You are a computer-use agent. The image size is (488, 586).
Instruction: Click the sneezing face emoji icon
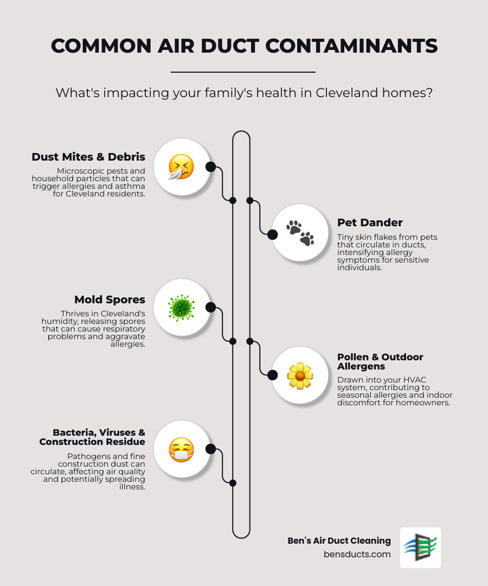pyautogui.click(x=181, y=167)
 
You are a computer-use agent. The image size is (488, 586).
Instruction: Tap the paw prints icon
pyautogui.click(x=300, y=233)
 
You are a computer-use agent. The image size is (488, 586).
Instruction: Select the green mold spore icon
pyautogui.click(x=181, y=308)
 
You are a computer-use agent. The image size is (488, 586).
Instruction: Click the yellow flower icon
pyautogui.click(x=300, y=375)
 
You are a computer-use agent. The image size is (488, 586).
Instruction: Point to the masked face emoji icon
pyautogui.click(x=181, y=449)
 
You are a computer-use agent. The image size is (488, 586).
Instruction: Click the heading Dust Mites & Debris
pyautogui.click(x=88, y=157)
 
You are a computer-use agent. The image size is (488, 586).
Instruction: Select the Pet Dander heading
pyautogui.click(x=370, y=222)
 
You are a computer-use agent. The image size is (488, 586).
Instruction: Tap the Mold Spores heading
pyautogui.click(x=110, y=300)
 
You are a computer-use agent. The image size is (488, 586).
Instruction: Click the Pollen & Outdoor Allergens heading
pyautogui.click(x=380, y=361)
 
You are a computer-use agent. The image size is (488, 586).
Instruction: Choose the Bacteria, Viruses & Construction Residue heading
pyautogui.click(x=92, y=437)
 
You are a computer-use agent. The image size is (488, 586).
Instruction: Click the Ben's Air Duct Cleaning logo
pyautogui.click(x=420, y=547)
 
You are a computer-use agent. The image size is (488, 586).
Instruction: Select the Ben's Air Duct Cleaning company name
pyautogui.click(x=339, y=540)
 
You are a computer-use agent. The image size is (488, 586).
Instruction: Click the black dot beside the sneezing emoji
pyautogui.click(x=211, y=167)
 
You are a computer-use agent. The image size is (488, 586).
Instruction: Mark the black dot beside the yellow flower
pyautogui.click(x=273, y=374)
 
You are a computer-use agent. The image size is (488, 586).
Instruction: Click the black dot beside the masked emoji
pyautogui.click(x=211, y=449)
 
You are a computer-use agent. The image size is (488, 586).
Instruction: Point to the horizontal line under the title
pyautogui.click(x=243, y=72)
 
